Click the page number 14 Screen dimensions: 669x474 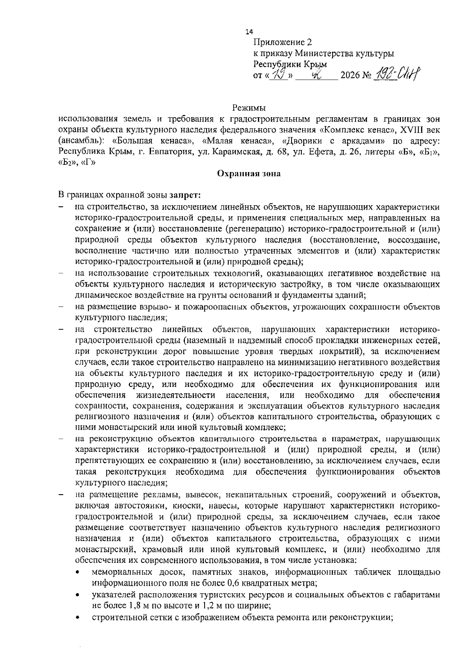pyautogui.click(x=249, y=32)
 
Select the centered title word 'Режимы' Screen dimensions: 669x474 pyautogui.click(x=249, y=108)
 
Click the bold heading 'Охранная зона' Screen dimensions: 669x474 pyautogui.click(x=249, y=174)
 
